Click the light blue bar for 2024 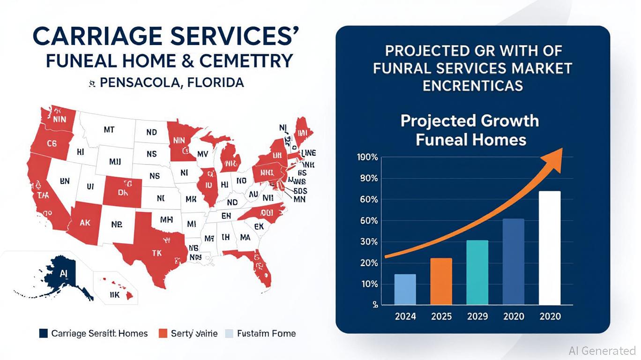pyautogui.click(x=405, y=289)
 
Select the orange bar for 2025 pyautogui.click(x=441, y=281)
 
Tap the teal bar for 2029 pyautogui.click(x=477, y=272)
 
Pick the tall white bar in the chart pyautogui.click(x=550, y=248)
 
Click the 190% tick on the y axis pyautogui.click(x=367, y=157)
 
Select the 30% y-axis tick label pyautogui.click(x=368, y=242)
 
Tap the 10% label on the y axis pyautogui.click(x=368, y=284)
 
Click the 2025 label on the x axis pyautogui.click(x=441, y=316)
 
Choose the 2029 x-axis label pyautogui.click(x=477, y=316)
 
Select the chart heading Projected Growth pyautogui.click(x=470, y=121)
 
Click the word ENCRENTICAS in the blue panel pyautogui.click(x=472, y=85)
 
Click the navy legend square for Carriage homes pyautogui.click(x=44, y=333)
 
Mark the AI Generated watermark pyautogui.click(x=602, y=350)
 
